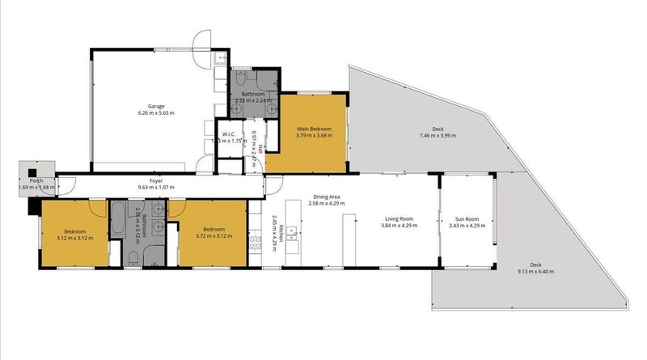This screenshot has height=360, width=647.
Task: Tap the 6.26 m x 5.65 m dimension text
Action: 156,113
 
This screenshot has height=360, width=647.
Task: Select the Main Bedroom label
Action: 315,128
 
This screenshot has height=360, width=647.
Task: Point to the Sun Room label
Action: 467,218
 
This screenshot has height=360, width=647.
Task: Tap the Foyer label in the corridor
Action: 157,181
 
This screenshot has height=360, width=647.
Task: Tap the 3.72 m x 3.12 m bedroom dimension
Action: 213,236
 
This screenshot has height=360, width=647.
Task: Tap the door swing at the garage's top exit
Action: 201,39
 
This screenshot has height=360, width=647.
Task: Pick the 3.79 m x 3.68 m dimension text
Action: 315,135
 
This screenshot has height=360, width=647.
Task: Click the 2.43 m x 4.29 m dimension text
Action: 467,226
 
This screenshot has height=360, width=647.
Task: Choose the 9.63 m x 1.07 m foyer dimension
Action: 156,188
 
